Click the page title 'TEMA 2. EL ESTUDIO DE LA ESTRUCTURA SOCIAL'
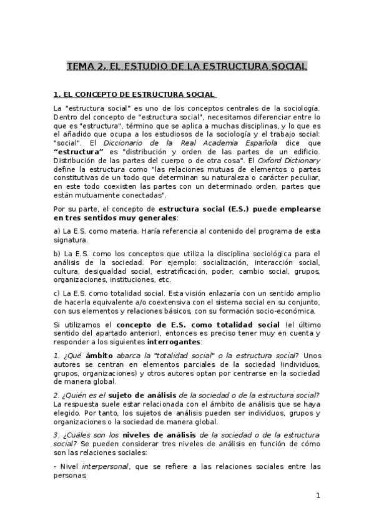[x=187, y=66]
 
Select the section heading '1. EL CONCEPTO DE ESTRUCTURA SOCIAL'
[x=134, y=95]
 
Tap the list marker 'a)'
[x=57, y=230]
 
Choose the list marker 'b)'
[x=57, y=253]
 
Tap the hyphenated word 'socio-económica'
[x=287, y=311]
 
